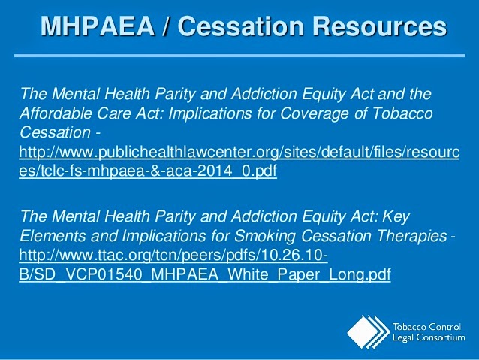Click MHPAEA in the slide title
[x=98, y=26]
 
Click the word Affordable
[x=56, y=113]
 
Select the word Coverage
[x=314, y=113]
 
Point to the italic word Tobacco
[x=402, y=113]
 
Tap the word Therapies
[x=411, y=236]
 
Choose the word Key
[x=396, y=217]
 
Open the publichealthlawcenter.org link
[x=239, y=161]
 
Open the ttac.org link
[x=205, y=265]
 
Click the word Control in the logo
[x=444, y=327]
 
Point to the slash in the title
[x=166, y=26]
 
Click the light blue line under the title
[x=239, y=56]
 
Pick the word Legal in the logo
[x=403, y=338]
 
